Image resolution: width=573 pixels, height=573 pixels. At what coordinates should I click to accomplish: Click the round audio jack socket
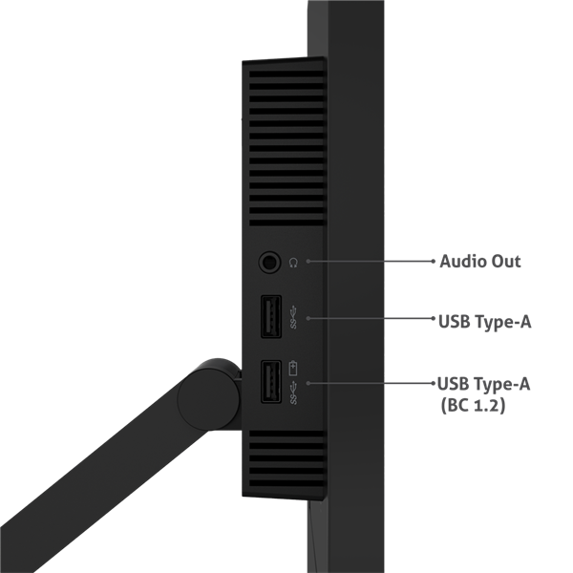point(269,261)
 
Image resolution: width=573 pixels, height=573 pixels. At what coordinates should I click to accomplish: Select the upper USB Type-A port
point(269,318)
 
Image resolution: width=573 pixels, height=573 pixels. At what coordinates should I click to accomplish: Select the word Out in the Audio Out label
point(506,262)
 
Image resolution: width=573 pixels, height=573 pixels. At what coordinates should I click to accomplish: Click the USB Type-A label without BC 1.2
point(484,321)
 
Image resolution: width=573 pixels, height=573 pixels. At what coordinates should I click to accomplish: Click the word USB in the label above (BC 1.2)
point(453,384)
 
